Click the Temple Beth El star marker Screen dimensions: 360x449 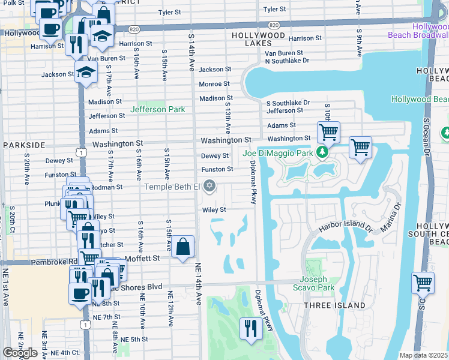point(209,187)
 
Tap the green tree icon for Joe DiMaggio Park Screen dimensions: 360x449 point(323,152)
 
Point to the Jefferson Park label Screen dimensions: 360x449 point(158,109)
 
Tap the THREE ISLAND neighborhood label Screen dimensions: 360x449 point(334,305)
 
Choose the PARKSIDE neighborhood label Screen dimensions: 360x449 point(24,145)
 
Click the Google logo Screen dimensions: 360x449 point(20,352)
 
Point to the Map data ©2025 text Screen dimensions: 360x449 point(423,355)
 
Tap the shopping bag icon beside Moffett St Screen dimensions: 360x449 point(183,247)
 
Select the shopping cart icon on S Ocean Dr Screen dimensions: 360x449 point(423,282)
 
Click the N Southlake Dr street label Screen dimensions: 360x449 point(287,61)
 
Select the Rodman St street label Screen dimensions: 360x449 point(108,187)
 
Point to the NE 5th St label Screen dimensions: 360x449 point(134,339)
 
